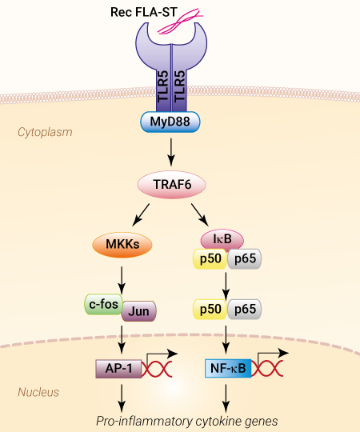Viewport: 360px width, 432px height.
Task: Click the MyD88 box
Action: [170, 122]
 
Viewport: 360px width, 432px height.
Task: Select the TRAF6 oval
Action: [171, 185]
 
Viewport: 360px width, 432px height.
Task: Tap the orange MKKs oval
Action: [122, 245]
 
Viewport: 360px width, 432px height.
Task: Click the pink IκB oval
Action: [222, 239]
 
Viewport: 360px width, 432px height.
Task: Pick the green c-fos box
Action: [103, 304]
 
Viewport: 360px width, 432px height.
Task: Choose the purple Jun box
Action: [139, 311]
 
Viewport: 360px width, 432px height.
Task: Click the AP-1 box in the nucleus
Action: [118, 369]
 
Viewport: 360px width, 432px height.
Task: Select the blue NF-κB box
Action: [228, 368]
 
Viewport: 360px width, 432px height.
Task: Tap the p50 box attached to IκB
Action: [210, 258]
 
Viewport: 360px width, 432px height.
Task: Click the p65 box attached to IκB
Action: [245, 258]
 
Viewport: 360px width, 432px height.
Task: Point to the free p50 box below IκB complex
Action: [210, 309]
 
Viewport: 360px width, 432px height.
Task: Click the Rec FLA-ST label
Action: [144, 12]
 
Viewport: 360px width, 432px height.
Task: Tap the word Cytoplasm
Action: [45, 132]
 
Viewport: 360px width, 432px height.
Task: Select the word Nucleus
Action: [38, 392]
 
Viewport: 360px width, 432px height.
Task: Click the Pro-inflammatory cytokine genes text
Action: [187, 422]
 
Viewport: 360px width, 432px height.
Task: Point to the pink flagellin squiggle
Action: [180, 22]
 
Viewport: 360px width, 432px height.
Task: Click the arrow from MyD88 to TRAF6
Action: [171, 152]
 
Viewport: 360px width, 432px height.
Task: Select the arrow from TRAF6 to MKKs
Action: [141, 215]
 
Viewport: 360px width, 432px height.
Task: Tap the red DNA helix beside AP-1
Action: [157, 369]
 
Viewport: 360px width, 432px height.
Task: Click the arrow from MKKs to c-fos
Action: [122, 280]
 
